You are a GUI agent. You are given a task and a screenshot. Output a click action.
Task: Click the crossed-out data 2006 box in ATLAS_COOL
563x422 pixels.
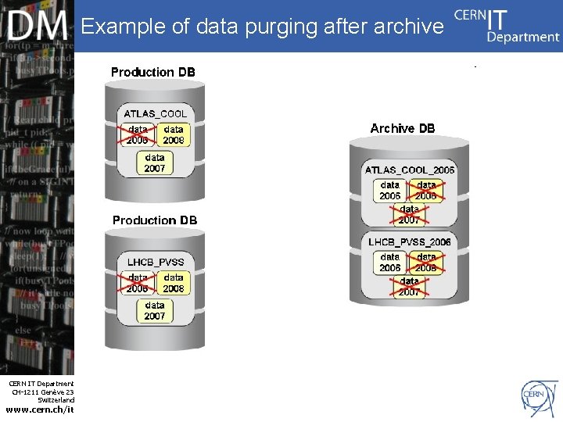pos(138,135)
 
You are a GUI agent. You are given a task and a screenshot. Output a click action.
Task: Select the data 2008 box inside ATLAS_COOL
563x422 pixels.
pos(174,135)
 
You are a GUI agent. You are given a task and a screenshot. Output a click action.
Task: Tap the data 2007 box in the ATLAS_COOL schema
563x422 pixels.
pos(155,163)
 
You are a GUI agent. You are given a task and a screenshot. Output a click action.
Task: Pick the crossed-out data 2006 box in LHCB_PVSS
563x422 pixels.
pos(138,283)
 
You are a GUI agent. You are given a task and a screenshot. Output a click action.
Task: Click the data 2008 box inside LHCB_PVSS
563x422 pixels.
pos(174,283)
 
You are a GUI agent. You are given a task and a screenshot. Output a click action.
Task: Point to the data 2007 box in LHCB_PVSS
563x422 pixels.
pos(155,310)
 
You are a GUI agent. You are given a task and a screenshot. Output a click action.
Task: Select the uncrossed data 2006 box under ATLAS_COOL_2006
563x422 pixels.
pos(390,191)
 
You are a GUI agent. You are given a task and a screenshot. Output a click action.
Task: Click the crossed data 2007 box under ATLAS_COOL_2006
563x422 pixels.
pos(409,214)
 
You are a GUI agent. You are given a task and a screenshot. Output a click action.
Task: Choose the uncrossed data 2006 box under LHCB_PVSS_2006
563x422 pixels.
pos(390,262)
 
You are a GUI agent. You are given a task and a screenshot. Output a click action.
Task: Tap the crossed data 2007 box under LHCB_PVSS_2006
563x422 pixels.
pos(409,286)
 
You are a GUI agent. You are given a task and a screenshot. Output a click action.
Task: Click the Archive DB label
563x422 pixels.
pos(403,128)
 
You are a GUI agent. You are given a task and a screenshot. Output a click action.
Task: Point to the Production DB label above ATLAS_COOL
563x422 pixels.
pos(153,72)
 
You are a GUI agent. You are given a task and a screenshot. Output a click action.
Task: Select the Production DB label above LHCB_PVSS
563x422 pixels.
pos(155,220)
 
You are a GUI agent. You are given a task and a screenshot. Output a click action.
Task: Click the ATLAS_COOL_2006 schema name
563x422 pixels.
pos(410,170)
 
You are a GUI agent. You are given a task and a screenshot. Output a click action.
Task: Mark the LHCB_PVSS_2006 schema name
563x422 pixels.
pos(410,241)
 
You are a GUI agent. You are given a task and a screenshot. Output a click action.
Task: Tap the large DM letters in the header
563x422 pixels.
pos(38,28)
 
